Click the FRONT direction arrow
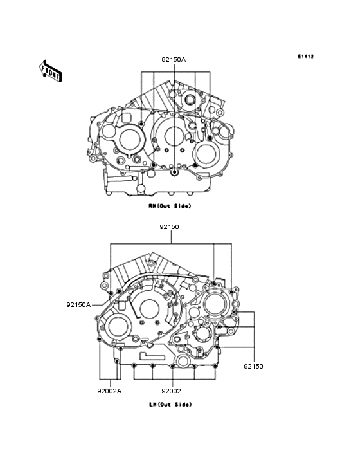coord(50,71)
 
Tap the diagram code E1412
coord(306,56)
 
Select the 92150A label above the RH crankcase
coord(174,59)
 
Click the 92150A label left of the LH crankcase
coord(78,304)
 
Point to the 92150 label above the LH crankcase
coord(169,226)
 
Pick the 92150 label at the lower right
coord(253,366)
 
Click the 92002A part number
coord(109,391)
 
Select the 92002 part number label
coord(171,391)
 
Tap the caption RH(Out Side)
coord(170,206)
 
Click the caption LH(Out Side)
coord(170,405)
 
